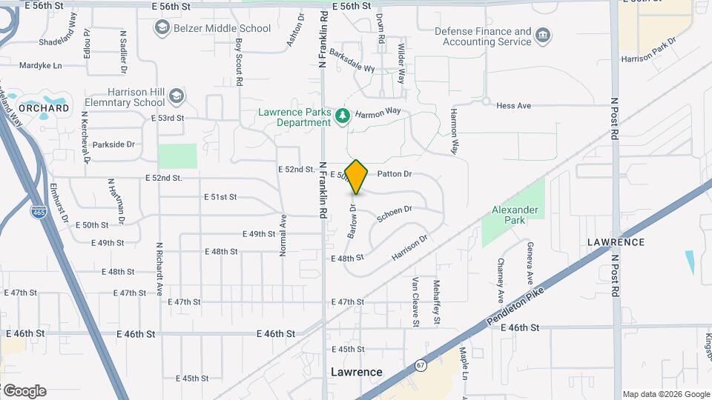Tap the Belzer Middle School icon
pos(162,28)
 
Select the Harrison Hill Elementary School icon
pos(176,96)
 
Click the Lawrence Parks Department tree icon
pos(342,116)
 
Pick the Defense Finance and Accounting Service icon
pos(543,36)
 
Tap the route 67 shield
pos(421,366)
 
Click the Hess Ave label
pos(514,106)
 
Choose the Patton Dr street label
pos(394,174)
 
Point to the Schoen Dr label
pos(394,214)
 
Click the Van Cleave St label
pos(415,302)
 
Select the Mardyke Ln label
pos(41,65)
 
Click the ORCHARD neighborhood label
pos(44,108)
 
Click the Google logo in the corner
pos(24,391)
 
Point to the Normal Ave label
pos(283,236)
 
